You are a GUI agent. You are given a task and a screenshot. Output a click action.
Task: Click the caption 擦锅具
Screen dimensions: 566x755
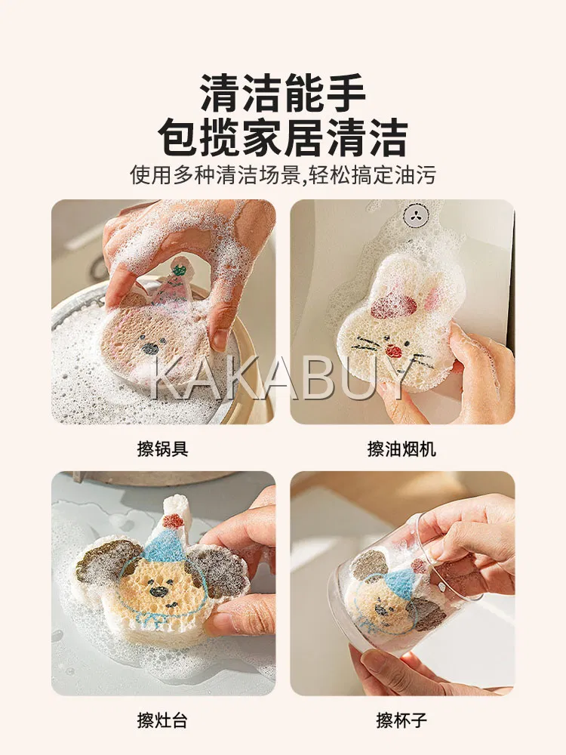pos(163,449)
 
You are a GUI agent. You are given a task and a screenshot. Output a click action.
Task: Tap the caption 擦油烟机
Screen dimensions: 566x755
pos(401,449)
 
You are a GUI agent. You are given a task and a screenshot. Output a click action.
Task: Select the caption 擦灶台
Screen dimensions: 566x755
pos(163,720)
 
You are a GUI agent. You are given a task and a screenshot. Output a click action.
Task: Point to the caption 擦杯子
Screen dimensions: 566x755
pos(401,720)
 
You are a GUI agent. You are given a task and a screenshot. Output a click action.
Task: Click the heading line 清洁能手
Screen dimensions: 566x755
pos(283,93)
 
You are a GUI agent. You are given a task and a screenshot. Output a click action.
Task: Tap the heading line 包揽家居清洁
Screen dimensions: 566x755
pos(283,137)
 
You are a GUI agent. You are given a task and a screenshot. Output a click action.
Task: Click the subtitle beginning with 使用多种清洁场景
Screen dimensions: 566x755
pos(283,175)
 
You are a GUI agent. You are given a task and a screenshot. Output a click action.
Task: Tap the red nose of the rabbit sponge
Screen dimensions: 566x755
pos(394,350)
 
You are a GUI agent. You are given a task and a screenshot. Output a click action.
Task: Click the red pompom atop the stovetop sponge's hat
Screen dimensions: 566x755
pos(172,520)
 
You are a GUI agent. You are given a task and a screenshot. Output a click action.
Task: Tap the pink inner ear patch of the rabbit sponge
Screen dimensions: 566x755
pos(392,307)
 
